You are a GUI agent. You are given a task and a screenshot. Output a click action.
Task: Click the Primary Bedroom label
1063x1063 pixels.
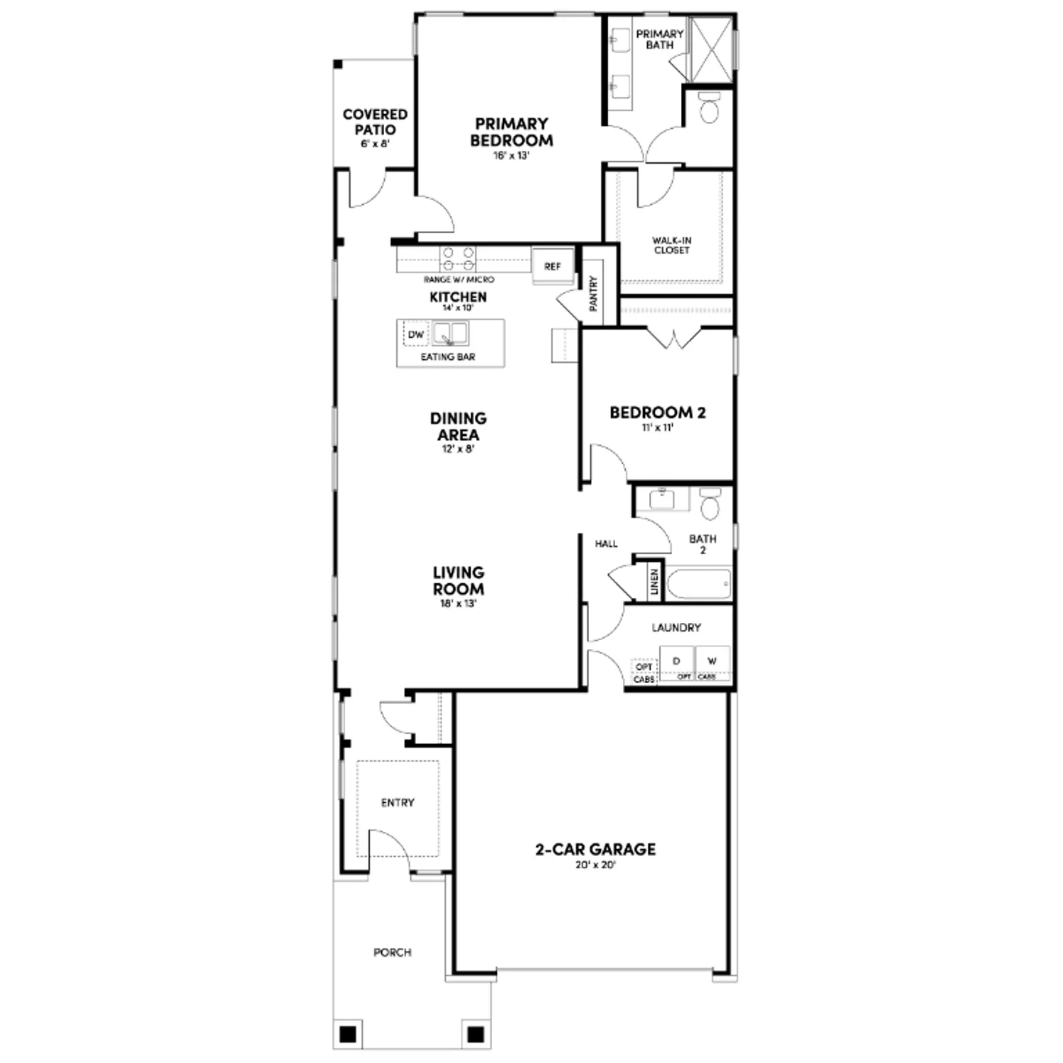[x=512, y=132]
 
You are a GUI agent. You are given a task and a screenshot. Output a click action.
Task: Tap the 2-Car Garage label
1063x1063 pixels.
[x=595, y=849]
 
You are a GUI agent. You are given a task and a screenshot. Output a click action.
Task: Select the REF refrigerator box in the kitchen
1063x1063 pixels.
[x=553, y=266]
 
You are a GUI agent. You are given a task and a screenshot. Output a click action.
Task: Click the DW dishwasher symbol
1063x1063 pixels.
[x=416, y=334]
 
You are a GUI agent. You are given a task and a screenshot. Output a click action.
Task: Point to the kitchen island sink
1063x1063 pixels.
[x=451, y=334]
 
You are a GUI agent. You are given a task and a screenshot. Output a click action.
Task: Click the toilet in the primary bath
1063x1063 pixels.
[x=709, y=108]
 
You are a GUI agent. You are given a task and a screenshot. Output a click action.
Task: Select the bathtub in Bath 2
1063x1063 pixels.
[x=699, y=584]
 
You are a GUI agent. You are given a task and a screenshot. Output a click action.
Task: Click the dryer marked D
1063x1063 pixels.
[x=677, y=662]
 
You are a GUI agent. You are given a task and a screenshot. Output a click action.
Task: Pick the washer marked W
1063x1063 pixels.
[x=712, y=662]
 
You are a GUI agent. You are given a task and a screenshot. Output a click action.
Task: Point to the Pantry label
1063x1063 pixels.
[x=594, y=293]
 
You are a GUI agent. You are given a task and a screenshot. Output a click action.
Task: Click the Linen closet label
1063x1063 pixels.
[x=654, y=582]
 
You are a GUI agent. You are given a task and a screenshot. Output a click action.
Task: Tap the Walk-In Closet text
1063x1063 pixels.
[x=672, y=245]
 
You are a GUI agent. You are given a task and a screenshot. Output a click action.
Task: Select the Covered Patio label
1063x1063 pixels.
[x=375, y=122]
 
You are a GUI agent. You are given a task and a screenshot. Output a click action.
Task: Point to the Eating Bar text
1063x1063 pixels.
[x=448, y=357]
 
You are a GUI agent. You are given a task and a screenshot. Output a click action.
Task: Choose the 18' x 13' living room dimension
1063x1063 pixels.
[x=459, y=604]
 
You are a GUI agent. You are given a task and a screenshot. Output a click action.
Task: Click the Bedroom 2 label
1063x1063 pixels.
[x=658, y=412]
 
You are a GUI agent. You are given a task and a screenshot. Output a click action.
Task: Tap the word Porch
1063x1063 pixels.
[x=393, y=952]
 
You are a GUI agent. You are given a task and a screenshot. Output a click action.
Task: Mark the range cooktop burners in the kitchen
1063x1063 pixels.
[x=458, y=259]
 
